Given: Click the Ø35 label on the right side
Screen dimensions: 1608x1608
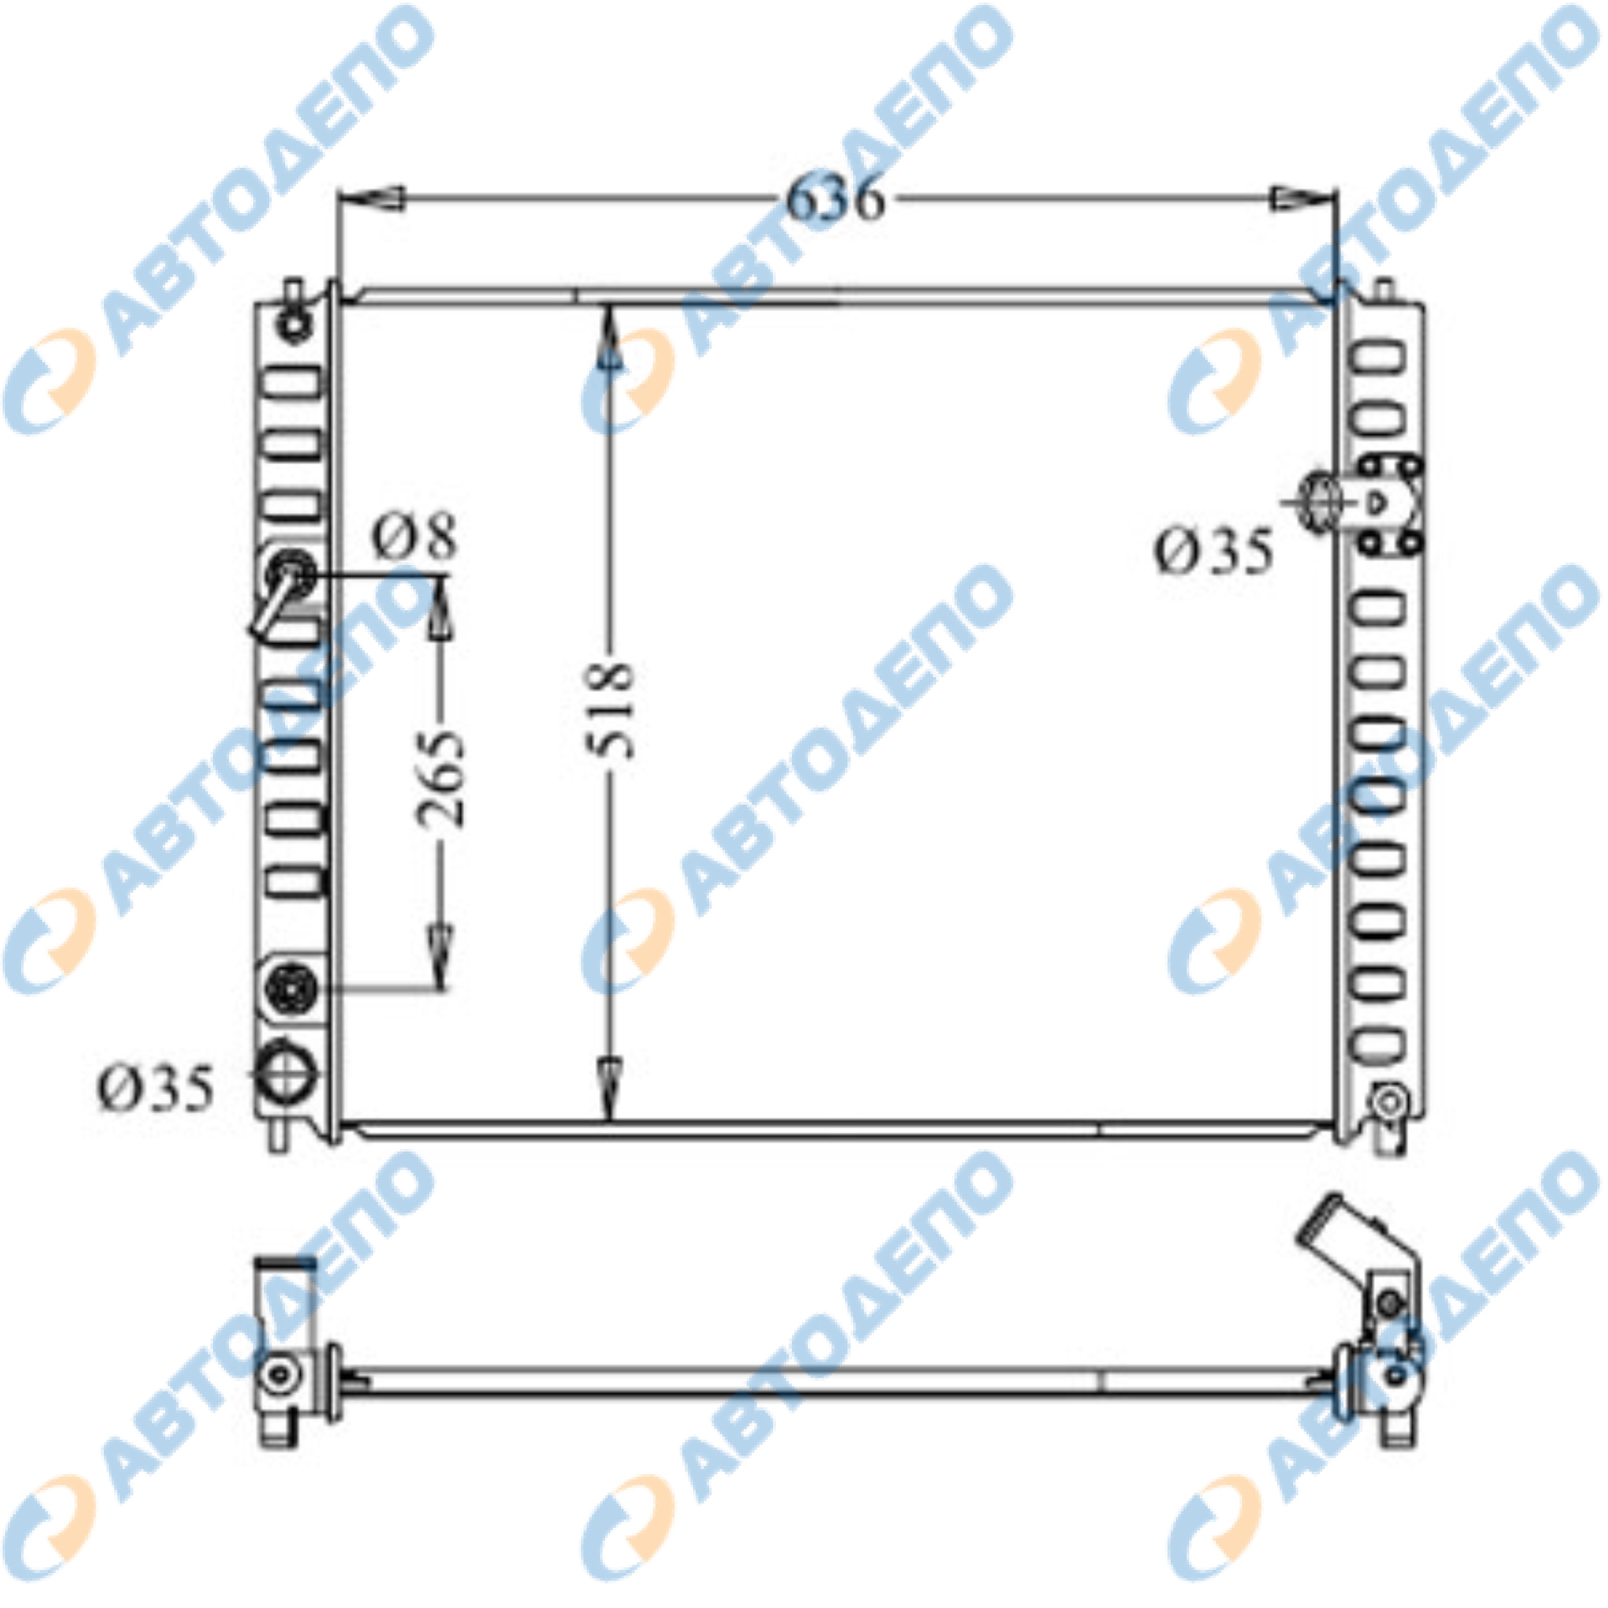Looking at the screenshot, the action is click(1213, 552).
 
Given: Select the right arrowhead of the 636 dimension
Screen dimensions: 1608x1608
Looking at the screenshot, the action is click(1304, 198).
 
